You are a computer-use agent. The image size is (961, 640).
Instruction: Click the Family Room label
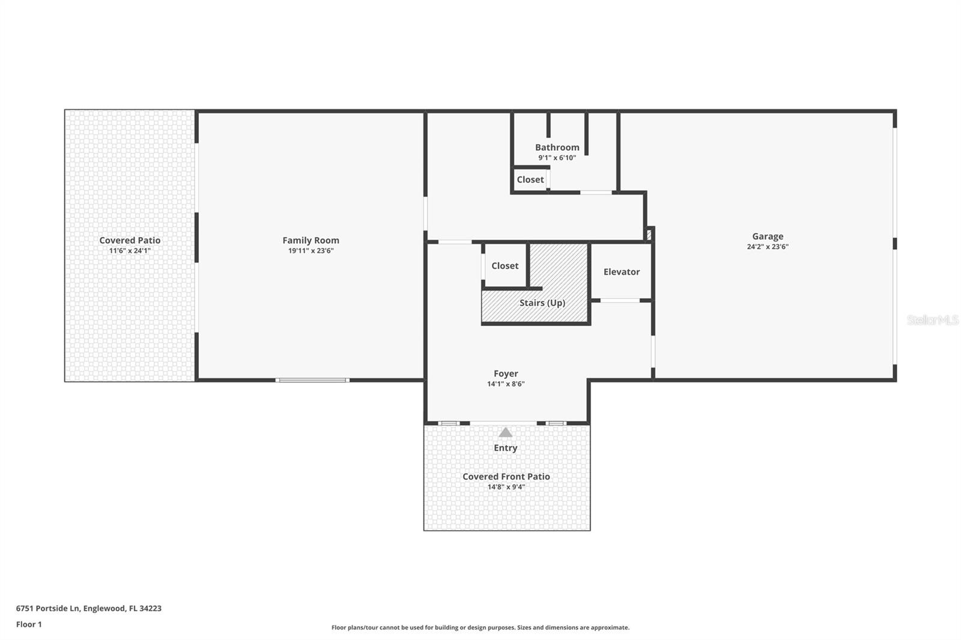pyautogui.click(x=311, y=240)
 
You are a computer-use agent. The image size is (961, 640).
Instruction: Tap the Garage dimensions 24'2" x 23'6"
pyautogui.click(x=768, y=247)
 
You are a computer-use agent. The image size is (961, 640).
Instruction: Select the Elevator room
pyautogui.click(x=622, y=271)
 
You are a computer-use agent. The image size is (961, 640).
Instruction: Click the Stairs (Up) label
pyautogui.click(x=542, y=303)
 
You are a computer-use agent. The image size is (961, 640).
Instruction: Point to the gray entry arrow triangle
pyautogui.click(x=506, y=432)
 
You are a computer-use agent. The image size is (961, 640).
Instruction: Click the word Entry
pyautogui.click(x=505, y=448)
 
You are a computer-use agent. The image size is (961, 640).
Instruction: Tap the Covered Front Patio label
pyautogui.click(x=506, y=477)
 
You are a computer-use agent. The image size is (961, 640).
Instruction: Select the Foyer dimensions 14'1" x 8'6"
pyautogui.click(x=506, y=384)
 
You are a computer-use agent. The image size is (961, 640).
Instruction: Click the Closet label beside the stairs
pyautogui.click(x=505, y=266)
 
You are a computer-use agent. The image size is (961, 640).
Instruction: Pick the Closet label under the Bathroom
pyautogui.click(x=530, y=180)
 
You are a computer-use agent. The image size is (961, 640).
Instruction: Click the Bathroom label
pyautogui.click(x=557, y=147)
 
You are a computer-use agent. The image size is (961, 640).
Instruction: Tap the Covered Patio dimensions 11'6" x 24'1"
pyautogui.click(x=130, y=251)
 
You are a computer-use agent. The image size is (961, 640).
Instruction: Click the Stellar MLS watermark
pyautogui.click(x=932, y=320)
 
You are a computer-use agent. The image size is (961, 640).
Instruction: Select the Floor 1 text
pyautogui.click(x=29, y=624)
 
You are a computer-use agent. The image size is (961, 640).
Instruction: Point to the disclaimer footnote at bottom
pyautogui.click(x=480, y=627)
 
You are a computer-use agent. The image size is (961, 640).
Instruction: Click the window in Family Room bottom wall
pyautogui.click(x=312, y=380)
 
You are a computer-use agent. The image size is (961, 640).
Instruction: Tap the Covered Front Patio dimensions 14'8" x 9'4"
pyautogui.click(x=506, y=487)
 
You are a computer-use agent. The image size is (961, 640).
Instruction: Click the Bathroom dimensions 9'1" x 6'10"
pyautogui.click(x=557, y=158)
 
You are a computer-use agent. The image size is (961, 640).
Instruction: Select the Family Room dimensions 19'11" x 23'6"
pyautogui.click(x=311, y=251)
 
